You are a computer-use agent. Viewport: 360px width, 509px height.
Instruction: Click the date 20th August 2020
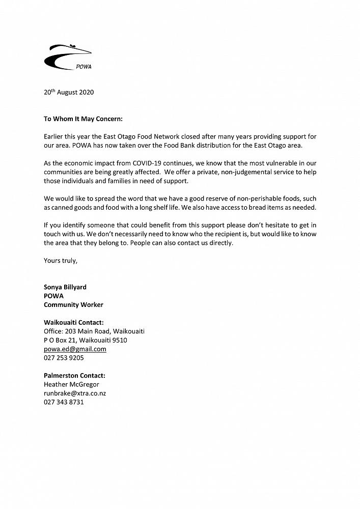[x=69, y=92]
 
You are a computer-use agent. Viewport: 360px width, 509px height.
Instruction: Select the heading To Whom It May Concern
[x=83, y=119]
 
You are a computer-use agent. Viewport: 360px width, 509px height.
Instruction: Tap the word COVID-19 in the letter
[x=155, y=163]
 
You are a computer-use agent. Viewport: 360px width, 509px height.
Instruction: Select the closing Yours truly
[x=61, y=260]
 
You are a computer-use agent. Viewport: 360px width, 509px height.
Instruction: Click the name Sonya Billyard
[x=65, y=287]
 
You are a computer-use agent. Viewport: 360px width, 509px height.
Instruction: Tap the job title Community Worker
[x=73, y=304]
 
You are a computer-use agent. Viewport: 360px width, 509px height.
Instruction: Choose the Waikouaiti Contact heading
[x=74, y=322]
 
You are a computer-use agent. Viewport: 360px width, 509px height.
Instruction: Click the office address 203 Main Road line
[x=94, y=331]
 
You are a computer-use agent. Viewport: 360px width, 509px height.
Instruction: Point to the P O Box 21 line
[x=86, y=340]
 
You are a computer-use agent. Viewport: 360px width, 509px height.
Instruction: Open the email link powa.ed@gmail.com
[x=75, y=349]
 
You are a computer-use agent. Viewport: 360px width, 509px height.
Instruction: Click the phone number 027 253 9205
[x=64, y=358]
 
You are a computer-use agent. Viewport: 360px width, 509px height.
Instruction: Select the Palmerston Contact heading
[x=74, y=376]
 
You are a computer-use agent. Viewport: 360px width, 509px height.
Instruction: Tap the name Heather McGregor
[x=71, y=384]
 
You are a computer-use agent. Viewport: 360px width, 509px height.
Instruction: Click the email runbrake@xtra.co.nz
[x=75, y=393]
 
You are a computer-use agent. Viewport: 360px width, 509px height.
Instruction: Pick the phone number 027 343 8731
[x=64, y=402]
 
